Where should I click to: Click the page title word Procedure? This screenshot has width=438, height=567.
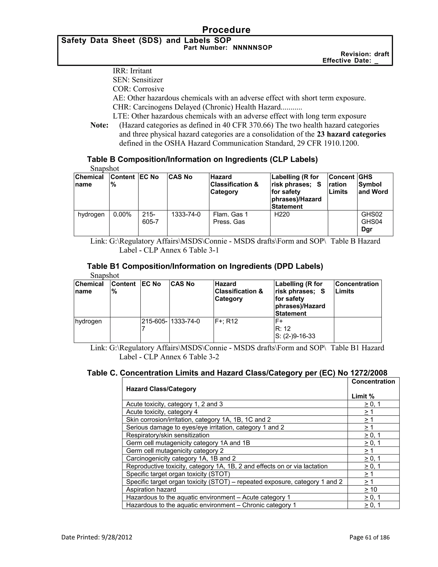coord(226,30)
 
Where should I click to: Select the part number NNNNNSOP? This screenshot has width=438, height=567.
coord(253,48)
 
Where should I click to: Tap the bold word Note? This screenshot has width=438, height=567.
coord(99,125)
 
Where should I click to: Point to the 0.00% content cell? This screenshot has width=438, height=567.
coord(122,214)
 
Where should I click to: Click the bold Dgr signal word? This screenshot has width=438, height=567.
coord(367,229)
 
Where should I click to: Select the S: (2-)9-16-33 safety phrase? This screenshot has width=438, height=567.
coord(295,336)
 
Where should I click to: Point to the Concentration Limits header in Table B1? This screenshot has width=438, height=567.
coord(357,288)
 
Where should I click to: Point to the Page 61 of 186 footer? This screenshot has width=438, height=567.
coord(369,537)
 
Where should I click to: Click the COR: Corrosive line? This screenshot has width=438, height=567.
coord(138,89)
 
